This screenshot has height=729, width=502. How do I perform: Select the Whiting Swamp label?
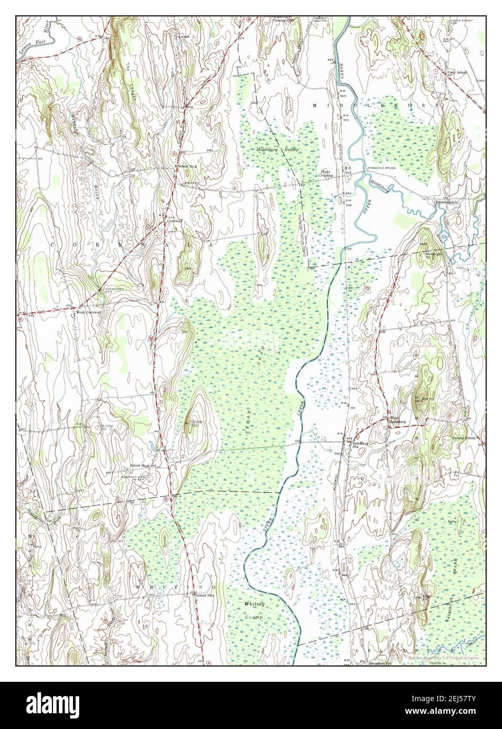click(x=254, y=611)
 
